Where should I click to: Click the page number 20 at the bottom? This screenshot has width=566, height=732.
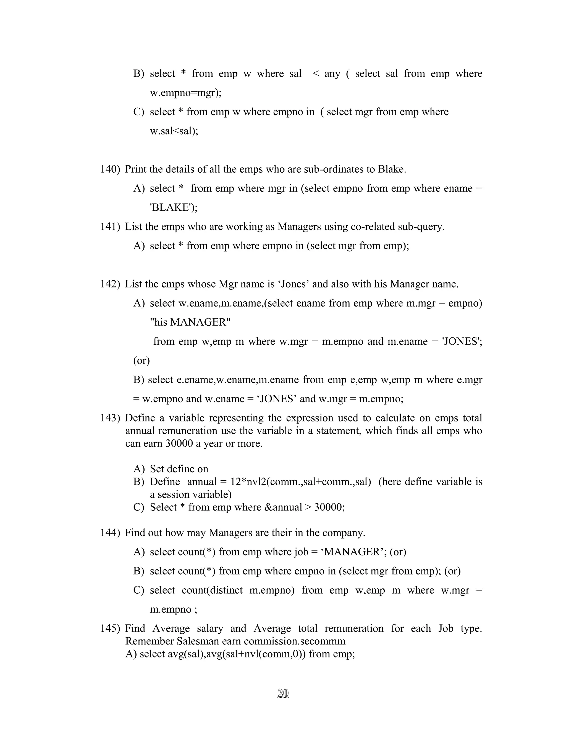[283, 693]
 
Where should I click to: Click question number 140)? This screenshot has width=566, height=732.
[110, 169]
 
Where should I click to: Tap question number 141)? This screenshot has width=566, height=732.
[110, 227]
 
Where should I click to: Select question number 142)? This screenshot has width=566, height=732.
[110, 284]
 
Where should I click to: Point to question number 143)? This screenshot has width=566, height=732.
[110, 418]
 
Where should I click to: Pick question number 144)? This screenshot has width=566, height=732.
[110, 533]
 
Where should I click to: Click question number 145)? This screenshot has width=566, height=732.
[110, 628]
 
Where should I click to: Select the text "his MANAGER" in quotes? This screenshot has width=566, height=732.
[190, 322]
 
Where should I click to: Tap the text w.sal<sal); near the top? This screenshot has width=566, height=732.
[174, 131]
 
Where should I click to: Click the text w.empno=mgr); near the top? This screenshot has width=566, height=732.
[185, 93]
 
